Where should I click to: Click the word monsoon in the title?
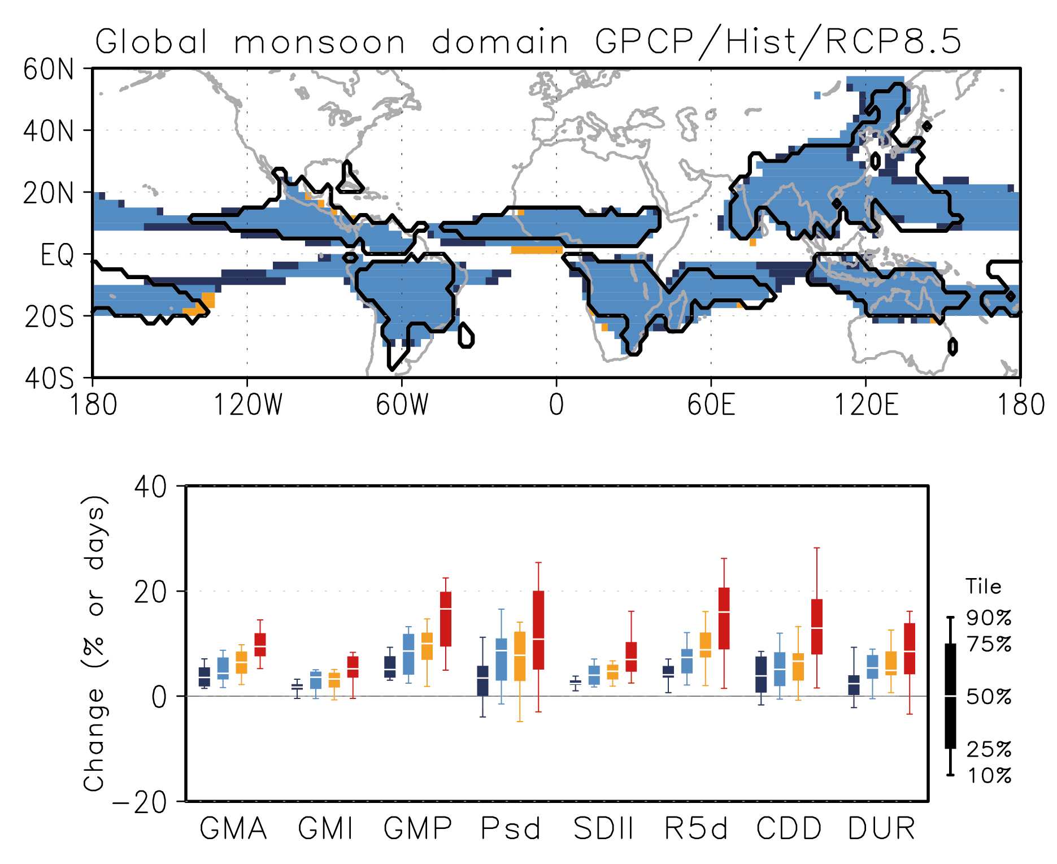320,42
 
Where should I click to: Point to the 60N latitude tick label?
49,70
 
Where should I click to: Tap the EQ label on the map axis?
57,255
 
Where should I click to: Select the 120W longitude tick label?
247,405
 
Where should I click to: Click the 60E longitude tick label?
711,405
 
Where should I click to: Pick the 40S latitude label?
49,378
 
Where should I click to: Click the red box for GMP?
446,619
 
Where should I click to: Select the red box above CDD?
817,627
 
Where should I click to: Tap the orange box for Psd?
520,656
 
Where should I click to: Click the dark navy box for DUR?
854,685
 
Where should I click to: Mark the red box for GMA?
260,645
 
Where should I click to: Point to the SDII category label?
603,829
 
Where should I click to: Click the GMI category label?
325,829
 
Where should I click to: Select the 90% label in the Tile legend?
989,618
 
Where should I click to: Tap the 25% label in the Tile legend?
989,749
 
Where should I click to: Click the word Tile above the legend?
983,587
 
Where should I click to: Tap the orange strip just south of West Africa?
537,250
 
